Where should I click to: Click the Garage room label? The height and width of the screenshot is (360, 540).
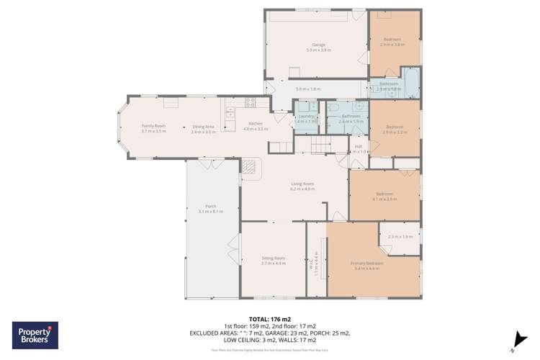click(318, 45)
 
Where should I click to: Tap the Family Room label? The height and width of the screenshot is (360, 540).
click(153, 126)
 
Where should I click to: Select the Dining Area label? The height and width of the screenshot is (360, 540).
click(204, 127)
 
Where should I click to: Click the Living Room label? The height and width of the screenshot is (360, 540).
click(303, 184)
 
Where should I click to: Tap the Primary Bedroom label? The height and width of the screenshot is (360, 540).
click(367, 264)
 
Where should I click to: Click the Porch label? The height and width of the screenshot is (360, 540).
click(211, 206)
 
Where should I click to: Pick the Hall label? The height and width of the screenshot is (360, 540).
click(358, 146)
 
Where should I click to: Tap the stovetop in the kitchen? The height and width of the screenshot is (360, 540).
click(250, 102)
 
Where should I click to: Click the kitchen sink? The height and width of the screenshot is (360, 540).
click(230, 112)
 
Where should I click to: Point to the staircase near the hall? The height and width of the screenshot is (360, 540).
click(321, 147)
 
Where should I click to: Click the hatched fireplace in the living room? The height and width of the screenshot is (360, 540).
click(248, 167)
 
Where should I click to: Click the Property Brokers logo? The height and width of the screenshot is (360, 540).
click(35, 336)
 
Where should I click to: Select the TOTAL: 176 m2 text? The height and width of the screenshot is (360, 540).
click(269, 319)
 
